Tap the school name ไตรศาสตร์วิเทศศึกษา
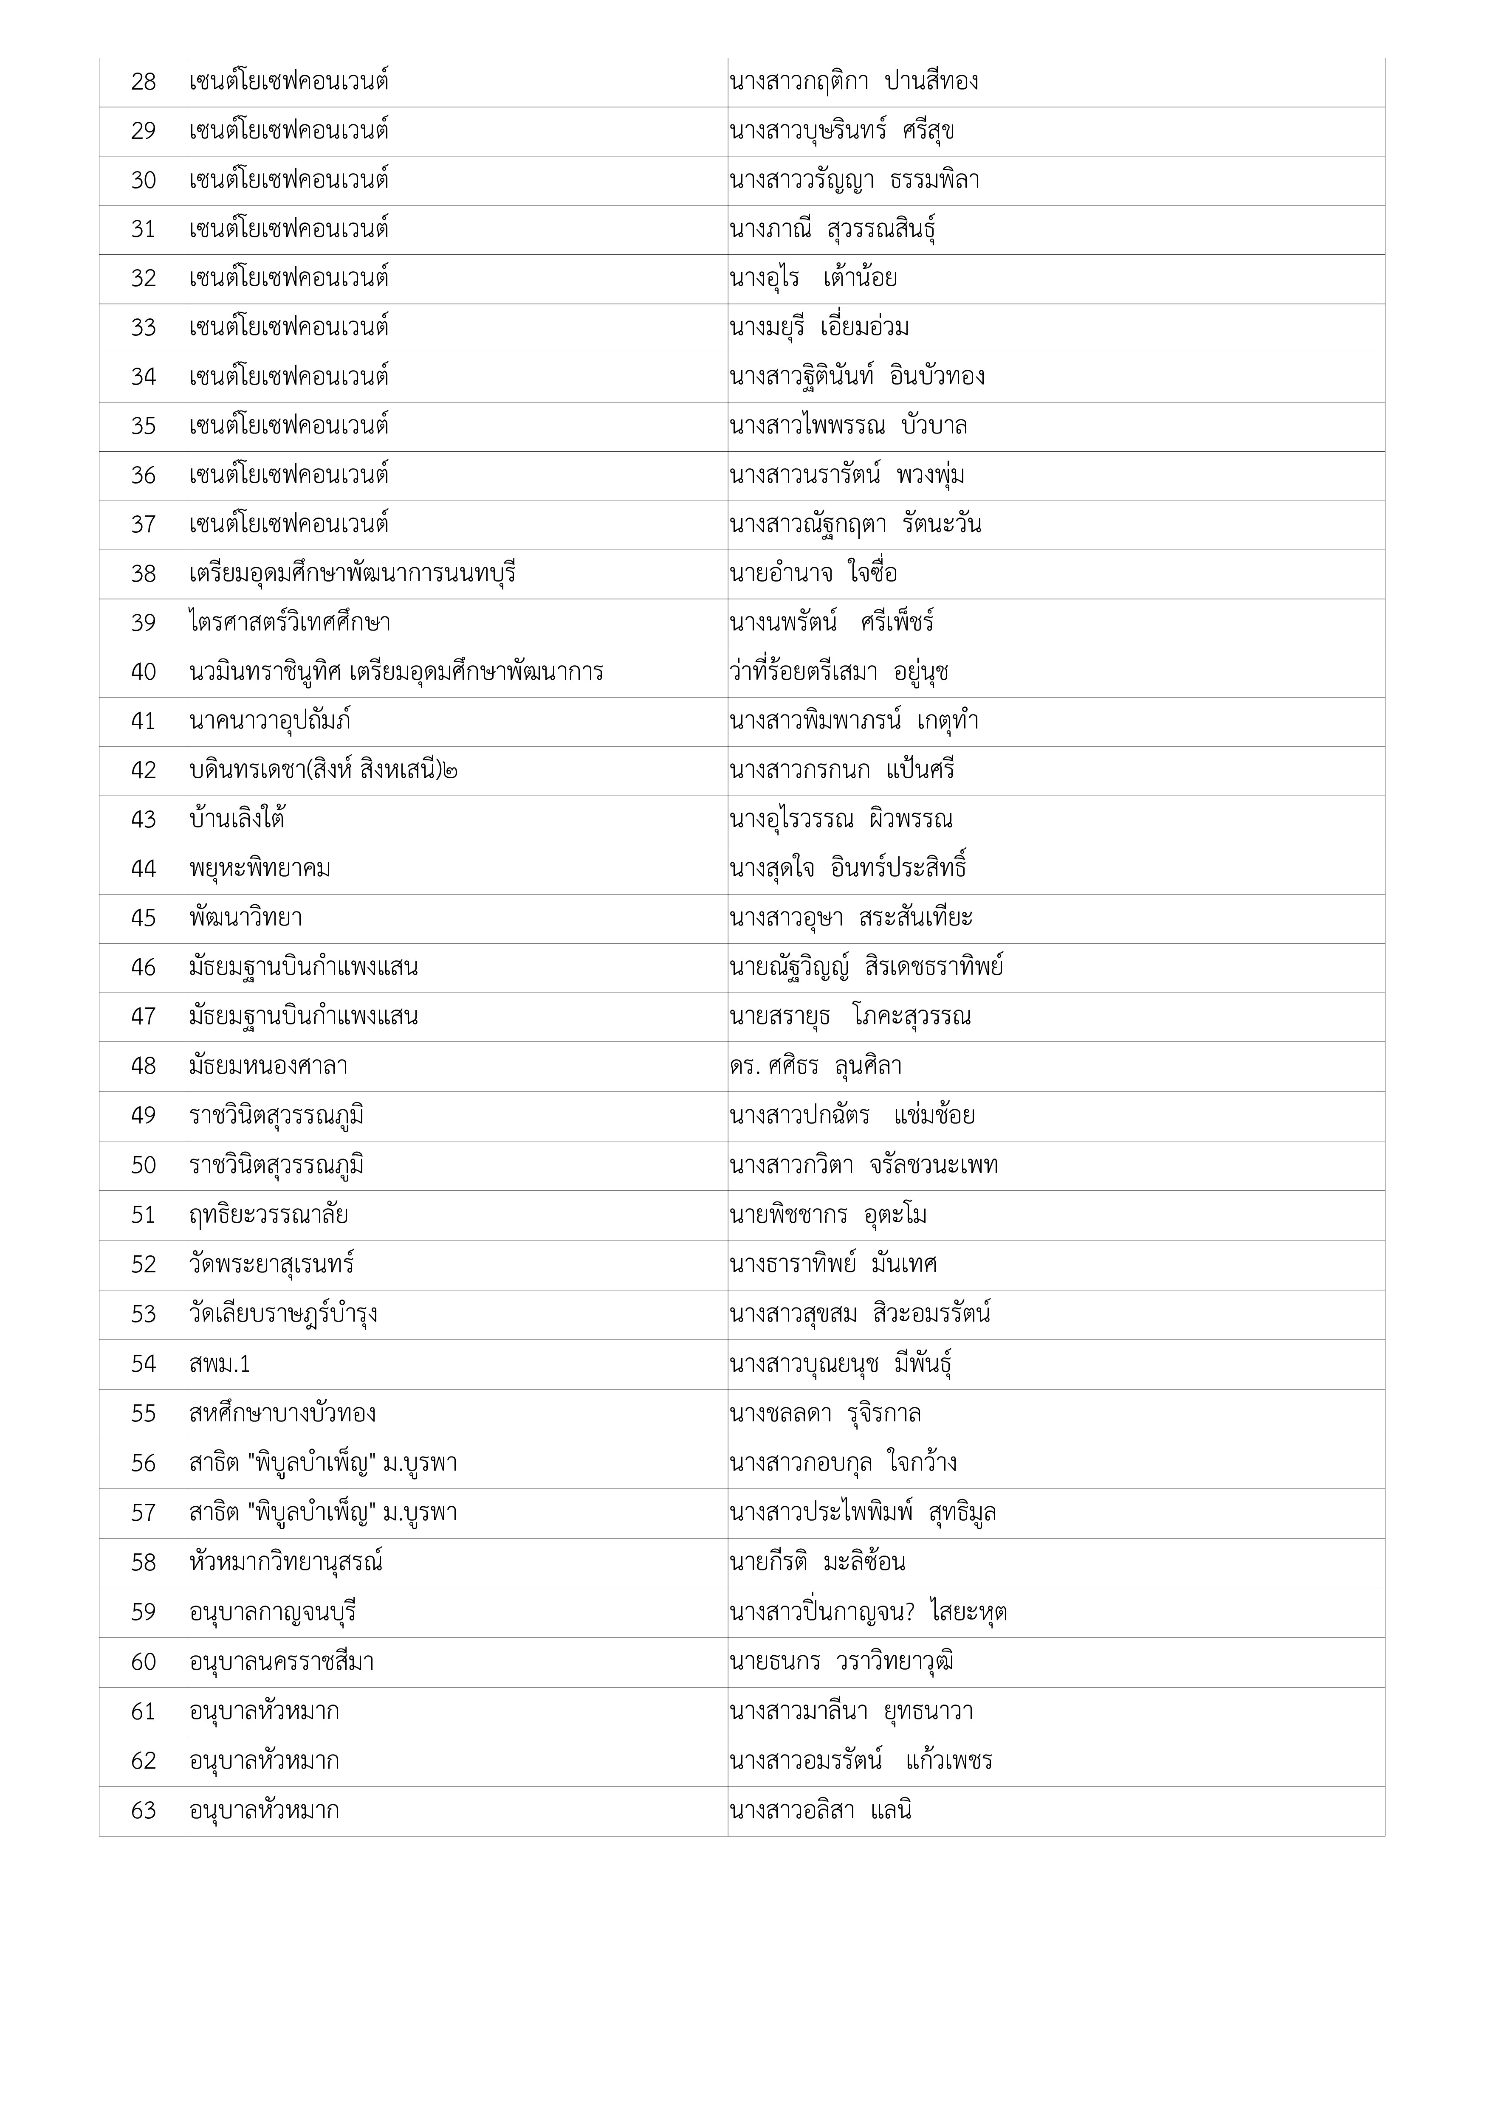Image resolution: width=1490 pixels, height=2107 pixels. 289,623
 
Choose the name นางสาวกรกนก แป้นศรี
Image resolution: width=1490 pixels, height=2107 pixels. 842,771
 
